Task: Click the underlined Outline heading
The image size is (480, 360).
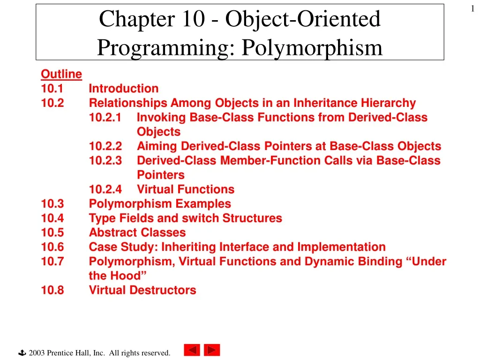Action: pos(61,74)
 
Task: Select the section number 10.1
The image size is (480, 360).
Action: pos(52,89)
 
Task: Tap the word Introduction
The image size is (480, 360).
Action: pos(124,89)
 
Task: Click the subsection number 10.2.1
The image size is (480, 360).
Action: pos(105,118)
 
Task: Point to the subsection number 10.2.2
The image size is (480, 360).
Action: pos(105,147)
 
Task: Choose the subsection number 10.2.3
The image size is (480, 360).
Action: pos(105,161)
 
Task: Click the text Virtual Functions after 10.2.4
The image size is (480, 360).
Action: pos(186,190)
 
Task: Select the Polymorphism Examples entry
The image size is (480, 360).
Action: pos(160,204)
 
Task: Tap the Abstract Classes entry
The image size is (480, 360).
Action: pos(137,233)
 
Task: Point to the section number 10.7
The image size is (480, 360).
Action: pos(52,262)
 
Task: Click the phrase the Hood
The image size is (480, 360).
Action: pos(114,276)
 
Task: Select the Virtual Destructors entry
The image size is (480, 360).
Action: pos(142,291)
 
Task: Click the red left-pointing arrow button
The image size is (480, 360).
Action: pos(191,350)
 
